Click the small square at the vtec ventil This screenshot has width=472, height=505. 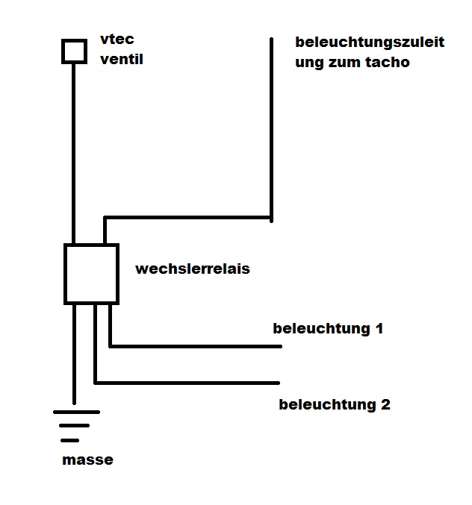point(73,51)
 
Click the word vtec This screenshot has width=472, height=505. point(117,40)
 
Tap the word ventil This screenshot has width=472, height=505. point(122,59)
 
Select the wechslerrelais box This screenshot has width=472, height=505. point(91,274)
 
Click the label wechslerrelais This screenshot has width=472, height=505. point(192,269)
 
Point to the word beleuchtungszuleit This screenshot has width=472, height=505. point(370,43)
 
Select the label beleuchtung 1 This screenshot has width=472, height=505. point(328,328)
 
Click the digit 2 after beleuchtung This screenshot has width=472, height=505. point(385,405)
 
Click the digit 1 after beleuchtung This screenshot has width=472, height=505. point(379,328)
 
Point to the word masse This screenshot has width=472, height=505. point(87,459)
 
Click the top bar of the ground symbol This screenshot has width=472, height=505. point(75,411)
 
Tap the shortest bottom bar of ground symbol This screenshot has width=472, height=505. point(72,440)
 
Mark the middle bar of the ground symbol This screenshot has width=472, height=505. point(74,426)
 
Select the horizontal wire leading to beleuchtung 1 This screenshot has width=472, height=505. point(194,346)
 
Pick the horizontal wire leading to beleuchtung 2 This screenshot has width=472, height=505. point(187,383)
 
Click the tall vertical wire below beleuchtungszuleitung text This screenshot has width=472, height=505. point(272,127)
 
